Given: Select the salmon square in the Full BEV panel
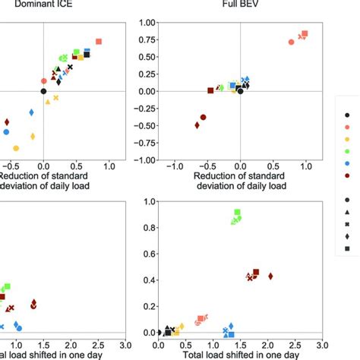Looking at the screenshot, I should (x=305, y=34).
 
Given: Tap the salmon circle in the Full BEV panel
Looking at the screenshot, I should (x=291, y=43).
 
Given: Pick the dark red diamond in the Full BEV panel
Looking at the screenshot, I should (x=197, y=125).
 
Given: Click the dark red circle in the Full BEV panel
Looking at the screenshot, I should (x=203, y=118).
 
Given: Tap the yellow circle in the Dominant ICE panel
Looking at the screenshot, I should (x=16, y=148).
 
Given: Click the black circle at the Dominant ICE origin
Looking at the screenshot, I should (x=43, y=91).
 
